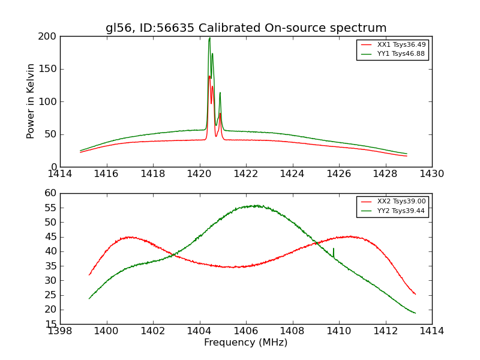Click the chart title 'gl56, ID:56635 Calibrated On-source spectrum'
tap(246, 28)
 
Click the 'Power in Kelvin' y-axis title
tap(31, 101)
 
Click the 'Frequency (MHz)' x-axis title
tap(246, 343)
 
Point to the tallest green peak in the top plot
tap(209, 38)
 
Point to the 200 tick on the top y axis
tap(48, 37)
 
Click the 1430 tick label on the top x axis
tap(432, 174)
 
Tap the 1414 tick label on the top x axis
tap(60, 174)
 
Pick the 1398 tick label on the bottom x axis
tap(60, 331)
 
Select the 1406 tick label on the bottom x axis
tap(246, 331)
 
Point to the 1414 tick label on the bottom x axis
tap(432, 331)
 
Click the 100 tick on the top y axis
tap(48, 101)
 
